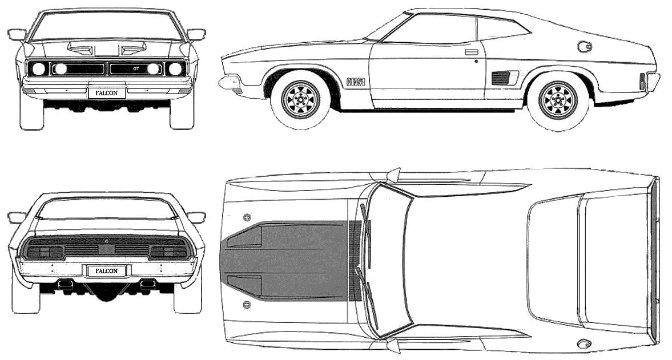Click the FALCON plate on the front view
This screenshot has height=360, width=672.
click(107, 92)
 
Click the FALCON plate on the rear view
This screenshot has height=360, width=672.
click(107, 270)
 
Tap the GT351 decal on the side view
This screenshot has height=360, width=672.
click(356, 82)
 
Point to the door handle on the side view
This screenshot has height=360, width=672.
click(471, 52)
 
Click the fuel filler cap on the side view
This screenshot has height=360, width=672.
click(585, 46)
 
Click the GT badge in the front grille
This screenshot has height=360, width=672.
click(136, 68)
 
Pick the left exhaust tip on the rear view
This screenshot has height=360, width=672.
click(65, 283)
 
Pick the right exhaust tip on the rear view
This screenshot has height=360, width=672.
click(148, 283)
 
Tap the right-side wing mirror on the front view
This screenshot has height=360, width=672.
click(196, 34)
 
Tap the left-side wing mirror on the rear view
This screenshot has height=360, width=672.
click(17, 217)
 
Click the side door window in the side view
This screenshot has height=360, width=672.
click(434, 30)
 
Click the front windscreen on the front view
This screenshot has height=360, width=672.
click(107, 26)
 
